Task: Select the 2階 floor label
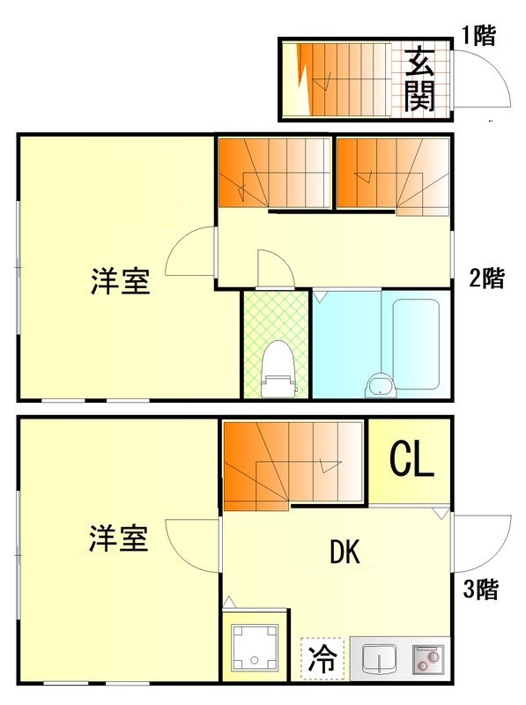pyautogui.click(x=486, y=278)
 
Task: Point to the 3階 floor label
pyautogui.click(x=481, y=590)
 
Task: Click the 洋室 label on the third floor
pyautogui.click(x=117, y=538)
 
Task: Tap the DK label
pyautogui.click(x=344, y=553)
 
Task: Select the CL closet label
pyautogui.click(x=411, y=460)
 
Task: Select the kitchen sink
pyautogui.click(x=380, y=658)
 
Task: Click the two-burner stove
pyautogui.click(x=428, y=658)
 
